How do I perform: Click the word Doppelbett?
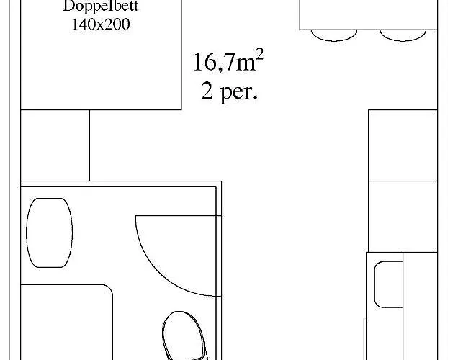[x=101, y=6]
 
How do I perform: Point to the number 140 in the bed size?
[x=83, y=24]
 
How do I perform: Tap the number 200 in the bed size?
[x=117, y=24]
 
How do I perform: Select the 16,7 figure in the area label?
[x=214, y=62]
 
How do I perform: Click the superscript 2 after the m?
[x=260, y=55]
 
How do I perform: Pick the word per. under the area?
[x=238, y=92]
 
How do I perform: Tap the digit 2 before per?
[x=207, y=91]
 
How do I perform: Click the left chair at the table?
[x=334, y=35]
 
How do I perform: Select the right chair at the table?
[x=403, y=35]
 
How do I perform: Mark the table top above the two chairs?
[x=369, y=14]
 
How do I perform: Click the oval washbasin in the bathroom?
[x=50, y=233]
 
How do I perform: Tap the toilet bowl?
[x=184, y=336]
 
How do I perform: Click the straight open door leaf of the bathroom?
[x=178, y=216]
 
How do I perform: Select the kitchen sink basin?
[x=389, y=284]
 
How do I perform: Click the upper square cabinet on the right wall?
[x=403, y=145]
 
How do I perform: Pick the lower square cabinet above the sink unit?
[x=403, y=217]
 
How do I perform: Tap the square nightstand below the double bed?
[x=55, y=145]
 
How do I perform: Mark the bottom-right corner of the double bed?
[x=181, y=109]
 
